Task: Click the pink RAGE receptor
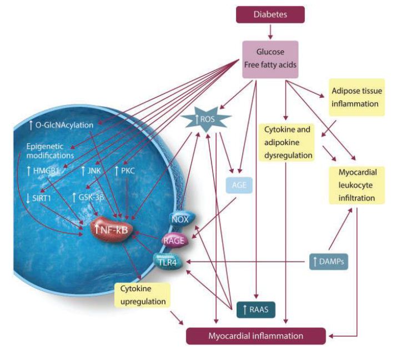coord(173,240)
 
